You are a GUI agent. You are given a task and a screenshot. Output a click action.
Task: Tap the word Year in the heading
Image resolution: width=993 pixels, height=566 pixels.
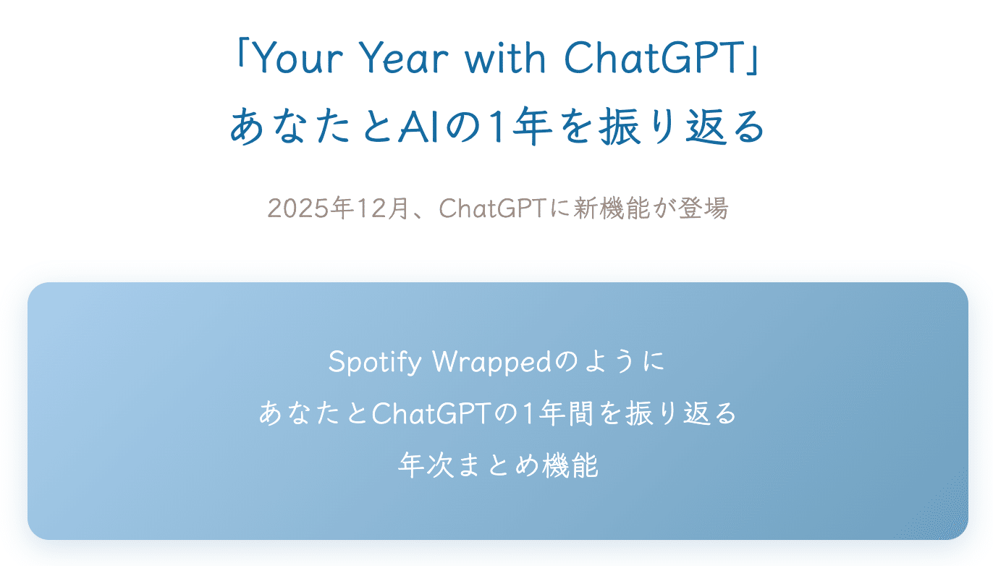pyautogui.click(x=403, y=58)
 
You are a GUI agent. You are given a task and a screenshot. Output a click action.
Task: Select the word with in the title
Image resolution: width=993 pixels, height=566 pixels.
pyautogui.click(x=505, y=57)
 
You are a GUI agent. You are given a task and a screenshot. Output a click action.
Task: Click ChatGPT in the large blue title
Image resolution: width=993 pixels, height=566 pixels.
pyautogui.click(x=653, y=58)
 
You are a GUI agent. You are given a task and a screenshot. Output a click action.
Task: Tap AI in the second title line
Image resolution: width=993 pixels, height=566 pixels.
pyautogui.click(x=421, y=127)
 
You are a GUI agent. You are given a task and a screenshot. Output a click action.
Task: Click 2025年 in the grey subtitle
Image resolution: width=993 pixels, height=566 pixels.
pyautogui.click(x=310, y=208)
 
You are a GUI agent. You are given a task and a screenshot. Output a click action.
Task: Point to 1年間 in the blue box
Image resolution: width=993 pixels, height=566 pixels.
pyautogui.click(x=557, y=413)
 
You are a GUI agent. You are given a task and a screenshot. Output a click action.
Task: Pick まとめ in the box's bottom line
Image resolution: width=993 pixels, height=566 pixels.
pyautogui.click(x=498, y=465)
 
